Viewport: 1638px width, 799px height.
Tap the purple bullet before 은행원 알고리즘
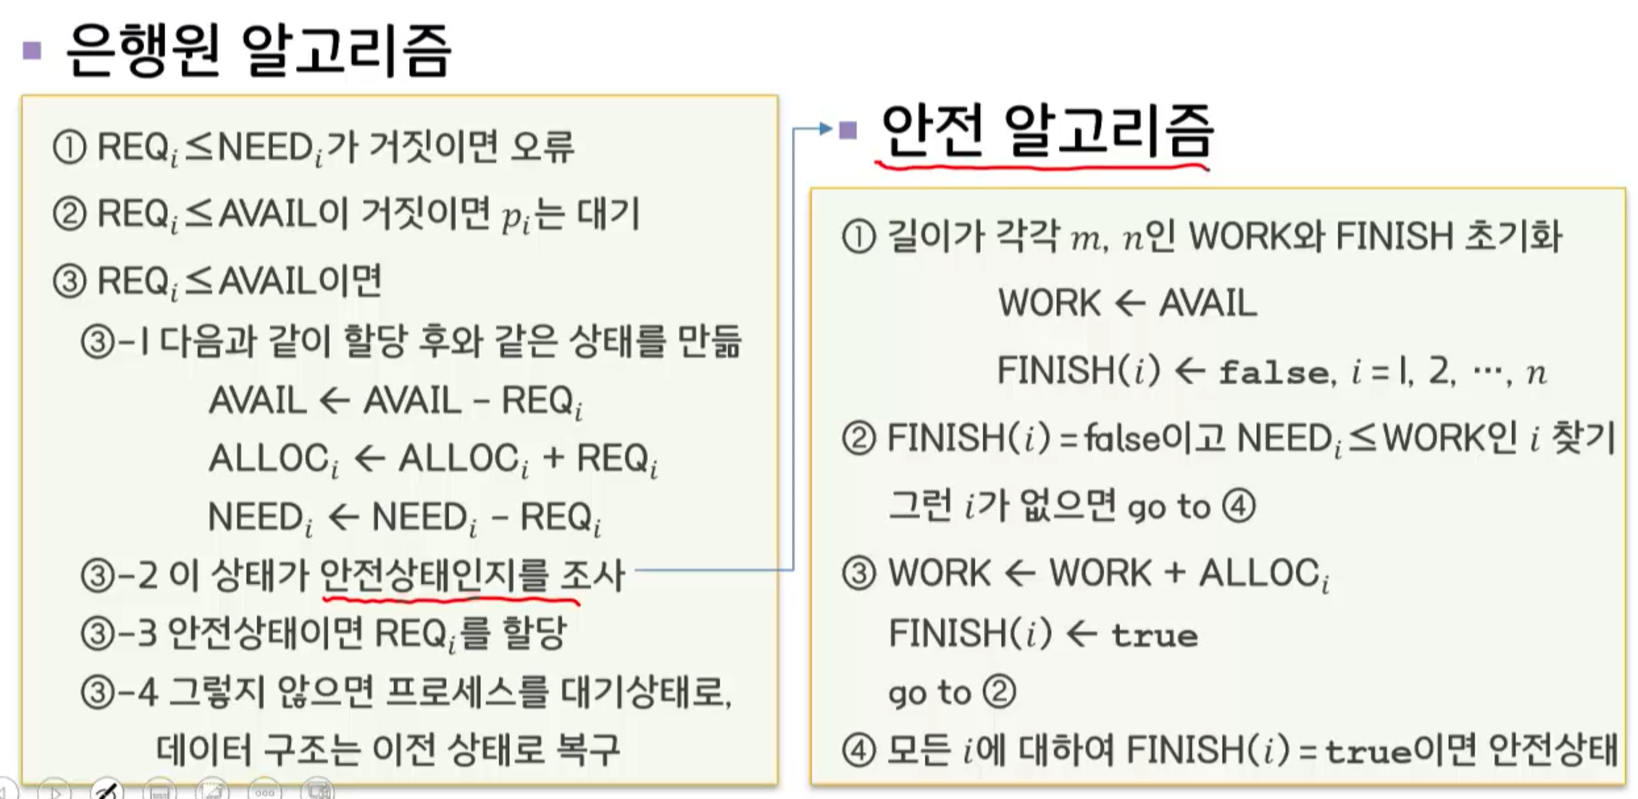(x=32, y=50)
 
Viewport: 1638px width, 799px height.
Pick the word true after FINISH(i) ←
(x=1154, y=635)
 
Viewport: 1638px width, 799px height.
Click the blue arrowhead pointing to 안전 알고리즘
(x=826, y=129)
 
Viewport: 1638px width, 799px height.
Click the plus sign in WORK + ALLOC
(x=1175, y=573)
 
